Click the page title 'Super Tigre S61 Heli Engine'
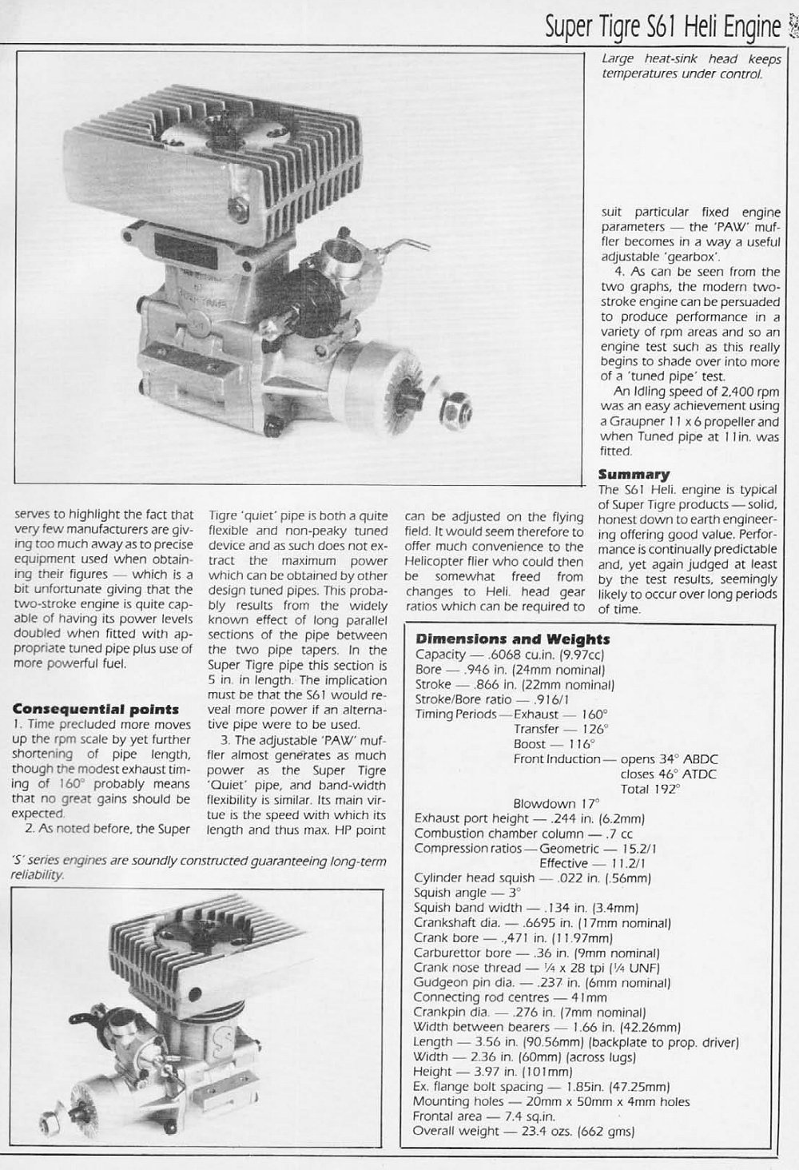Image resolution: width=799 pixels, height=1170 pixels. tap(662, 29)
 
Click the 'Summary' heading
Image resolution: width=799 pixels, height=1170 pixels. tap(634, 475)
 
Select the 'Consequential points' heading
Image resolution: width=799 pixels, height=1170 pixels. tap(96, 709)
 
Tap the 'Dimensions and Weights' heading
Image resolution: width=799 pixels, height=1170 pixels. tap(512, 639)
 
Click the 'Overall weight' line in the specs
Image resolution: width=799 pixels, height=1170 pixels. tap(524, 1132)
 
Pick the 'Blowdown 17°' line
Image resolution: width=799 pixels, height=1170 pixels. tap(555, 802)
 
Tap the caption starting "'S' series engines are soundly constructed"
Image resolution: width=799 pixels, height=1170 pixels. tap(201, 867)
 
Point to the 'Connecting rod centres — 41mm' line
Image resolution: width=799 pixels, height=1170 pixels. tap(511, 997)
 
